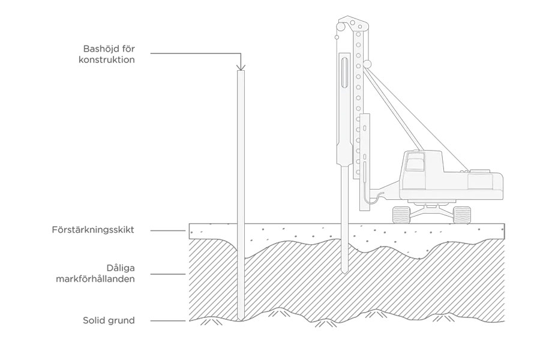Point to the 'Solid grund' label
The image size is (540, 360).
tap(109, 320)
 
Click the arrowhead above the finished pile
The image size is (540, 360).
tap(239, 67)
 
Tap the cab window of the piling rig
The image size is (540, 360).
tap(414, 164)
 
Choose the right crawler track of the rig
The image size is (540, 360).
tap(462, 214)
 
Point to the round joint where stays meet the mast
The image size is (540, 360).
tap(367, 63)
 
